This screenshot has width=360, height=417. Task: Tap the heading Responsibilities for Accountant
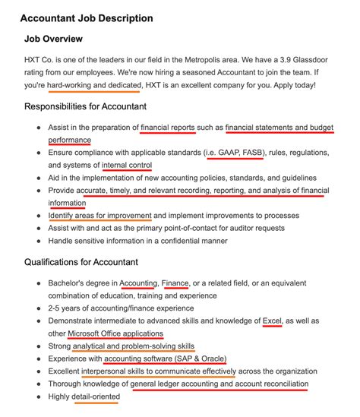coord(96,106)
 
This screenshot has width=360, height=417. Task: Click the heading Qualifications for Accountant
coord(92,262)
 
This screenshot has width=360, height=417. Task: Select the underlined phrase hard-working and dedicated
coord(94,84)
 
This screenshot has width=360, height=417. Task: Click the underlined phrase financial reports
coord(167,128)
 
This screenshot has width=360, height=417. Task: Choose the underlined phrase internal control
coord(127,165)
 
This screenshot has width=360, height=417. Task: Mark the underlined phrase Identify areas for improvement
coord(99,216)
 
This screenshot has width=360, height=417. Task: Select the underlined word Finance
coord(175,283)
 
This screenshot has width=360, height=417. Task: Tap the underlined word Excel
coord(272,321)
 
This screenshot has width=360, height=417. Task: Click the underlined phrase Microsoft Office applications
coord(115,333)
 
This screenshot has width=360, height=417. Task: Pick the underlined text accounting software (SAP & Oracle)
coord(165,359)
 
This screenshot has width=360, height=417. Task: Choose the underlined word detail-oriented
coord(94,396)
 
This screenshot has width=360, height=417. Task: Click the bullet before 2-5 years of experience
coord(38,308)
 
